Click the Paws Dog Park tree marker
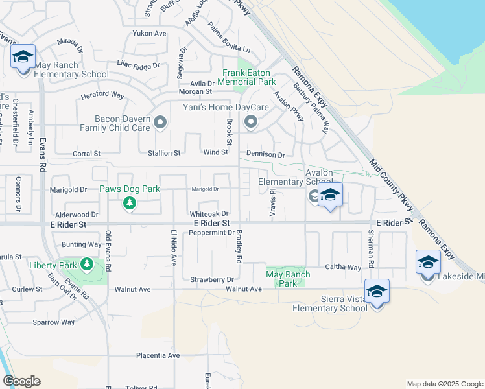[x=130, y=204]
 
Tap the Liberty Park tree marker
[x=86, y=265]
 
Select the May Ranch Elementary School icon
[x=23, y=56]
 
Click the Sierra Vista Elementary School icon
[x=377, y=292]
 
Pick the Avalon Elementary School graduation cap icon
[x=330, y=195]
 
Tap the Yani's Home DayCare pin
[x=251, y=122]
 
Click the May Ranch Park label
[x=288, y=279]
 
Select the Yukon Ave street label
[x=150, y=33]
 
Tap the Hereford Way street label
[x=102, y=95]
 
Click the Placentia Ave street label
[x=158, y=355]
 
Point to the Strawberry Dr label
[x=211, y=279]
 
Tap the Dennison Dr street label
[x=265, y=155]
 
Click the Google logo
[x=22, y=381]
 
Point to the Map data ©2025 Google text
[x=444, y=384]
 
